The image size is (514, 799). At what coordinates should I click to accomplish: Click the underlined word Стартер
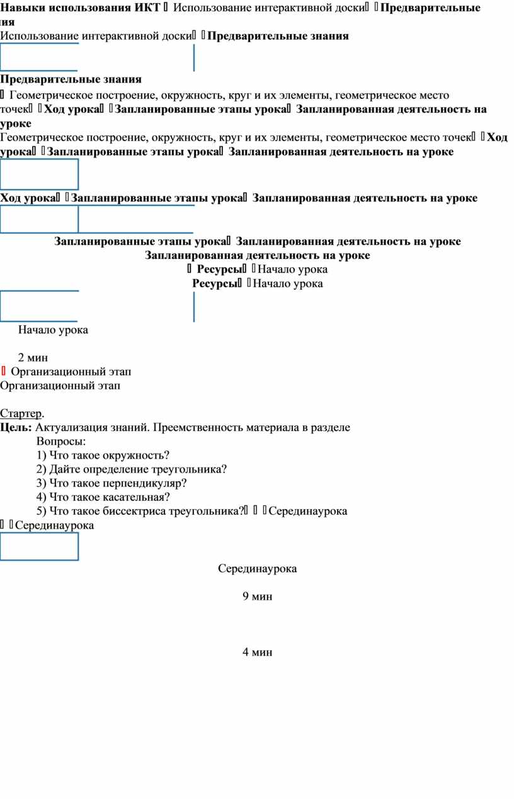coord(21,413)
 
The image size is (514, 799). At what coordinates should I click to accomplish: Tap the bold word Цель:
coord(16,427)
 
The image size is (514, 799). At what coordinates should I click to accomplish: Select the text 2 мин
coord(33,357)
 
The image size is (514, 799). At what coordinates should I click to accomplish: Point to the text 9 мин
coord(257,596)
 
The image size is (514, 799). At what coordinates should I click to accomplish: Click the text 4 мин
coord(257,652)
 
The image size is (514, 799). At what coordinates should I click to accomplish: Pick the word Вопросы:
coord(61,441)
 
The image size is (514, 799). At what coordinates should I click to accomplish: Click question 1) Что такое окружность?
coord(103,455)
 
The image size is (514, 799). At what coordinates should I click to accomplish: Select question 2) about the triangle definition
coord(131,469)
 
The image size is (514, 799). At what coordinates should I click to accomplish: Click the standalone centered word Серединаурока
coord(257,568)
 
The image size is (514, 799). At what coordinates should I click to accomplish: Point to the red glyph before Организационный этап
coord(3,371)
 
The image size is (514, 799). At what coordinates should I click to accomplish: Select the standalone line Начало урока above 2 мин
coord(53,330)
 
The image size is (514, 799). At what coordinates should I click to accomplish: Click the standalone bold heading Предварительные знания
coord(71,79)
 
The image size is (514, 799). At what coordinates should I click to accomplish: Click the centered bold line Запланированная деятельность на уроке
coord(257,255)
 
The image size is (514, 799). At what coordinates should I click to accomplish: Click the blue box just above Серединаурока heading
coord(39,546)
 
